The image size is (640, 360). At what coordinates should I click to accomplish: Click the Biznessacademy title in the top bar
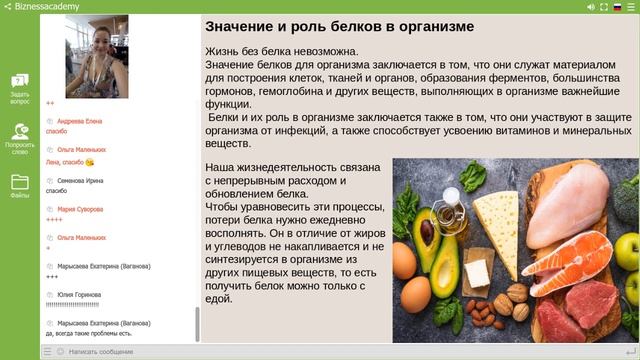[x=45, y=6]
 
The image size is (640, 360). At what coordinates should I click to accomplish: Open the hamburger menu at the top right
[x=630, y=6]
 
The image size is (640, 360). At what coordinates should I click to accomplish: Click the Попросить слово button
[x=19, y=137]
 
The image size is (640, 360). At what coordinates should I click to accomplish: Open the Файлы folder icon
[x=19, y=186]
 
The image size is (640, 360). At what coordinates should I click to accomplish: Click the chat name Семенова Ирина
[x=79, y=180]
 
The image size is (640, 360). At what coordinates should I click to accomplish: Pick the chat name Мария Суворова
[x=80, y=209]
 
